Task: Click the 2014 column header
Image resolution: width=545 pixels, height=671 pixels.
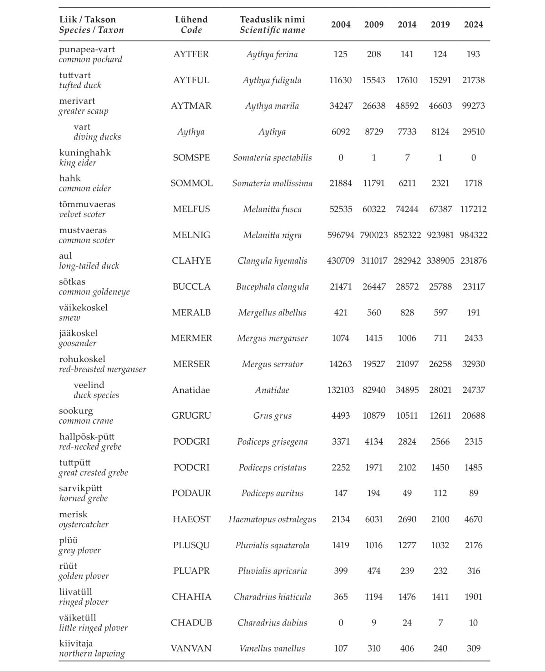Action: click(407, 25)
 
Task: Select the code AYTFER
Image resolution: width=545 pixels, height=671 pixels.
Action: click(191, 54)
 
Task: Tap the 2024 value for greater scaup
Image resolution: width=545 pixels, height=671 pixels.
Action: click(473, 106)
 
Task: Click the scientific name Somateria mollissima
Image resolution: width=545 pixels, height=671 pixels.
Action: click(272, 183)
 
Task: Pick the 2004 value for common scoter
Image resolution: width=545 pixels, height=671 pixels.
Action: click(341, 235)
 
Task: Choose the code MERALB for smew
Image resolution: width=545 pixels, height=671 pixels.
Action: click(191, 313)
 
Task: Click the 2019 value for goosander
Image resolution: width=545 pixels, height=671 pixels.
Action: click(440, 338)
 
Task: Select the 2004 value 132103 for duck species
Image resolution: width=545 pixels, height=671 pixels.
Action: click(341, 390)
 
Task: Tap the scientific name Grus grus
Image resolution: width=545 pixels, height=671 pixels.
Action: click(272, 416)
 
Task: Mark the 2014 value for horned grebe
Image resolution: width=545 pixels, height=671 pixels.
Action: click(407, 493)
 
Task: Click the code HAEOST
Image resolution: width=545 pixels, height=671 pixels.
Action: click(191, 519)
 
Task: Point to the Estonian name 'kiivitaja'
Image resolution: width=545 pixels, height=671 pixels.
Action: click(76, 643)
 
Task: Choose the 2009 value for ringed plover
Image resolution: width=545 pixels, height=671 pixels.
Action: click(374, 597)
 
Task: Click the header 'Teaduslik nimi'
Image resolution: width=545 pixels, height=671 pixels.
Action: click(272, 20)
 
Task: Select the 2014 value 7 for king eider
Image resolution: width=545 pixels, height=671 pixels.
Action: click(407, 158)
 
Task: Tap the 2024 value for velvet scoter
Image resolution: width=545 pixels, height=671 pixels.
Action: click(473, 209)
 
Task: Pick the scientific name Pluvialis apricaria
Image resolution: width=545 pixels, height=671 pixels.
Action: click(272, 571)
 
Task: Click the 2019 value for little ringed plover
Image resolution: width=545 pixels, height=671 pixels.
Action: click(440, 623)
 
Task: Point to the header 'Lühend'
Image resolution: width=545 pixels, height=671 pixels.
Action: click(191, 20)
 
